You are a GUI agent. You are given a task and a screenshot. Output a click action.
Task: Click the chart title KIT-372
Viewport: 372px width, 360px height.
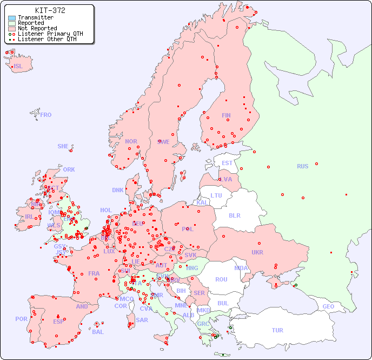coord(50,10)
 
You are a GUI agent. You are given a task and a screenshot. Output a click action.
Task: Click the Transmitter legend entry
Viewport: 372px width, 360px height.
coord(35,17)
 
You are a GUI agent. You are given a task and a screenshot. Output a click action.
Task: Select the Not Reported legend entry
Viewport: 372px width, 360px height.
coord(37,28)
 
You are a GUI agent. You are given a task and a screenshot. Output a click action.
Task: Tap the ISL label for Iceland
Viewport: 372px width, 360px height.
coord(18,67)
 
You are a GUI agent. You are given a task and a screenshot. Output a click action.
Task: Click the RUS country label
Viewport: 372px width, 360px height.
coord(302,166)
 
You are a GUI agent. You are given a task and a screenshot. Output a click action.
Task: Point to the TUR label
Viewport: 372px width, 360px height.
coord(277,330)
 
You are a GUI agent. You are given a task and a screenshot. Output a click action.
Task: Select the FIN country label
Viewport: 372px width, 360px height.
coord(226,115)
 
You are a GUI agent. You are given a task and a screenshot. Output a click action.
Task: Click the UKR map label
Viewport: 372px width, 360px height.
coord(257,252)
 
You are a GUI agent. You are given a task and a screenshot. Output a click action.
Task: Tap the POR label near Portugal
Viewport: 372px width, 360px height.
coord(21,319)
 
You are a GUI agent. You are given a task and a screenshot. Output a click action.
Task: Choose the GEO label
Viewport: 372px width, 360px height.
coord(328,306)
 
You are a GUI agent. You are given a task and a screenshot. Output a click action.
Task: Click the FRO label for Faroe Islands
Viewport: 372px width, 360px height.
coord(46,115)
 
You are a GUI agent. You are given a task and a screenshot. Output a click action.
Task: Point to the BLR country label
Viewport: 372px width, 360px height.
coord(235,215)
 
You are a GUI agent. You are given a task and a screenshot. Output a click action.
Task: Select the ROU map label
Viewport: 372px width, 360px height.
coord(221,279)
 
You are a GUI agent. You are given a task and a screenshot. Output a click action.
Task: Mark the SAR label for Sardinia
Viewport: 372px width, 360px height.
coord(142,320)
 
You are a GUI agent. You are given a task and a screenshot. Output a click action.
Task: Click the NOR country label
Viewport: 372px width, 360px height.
coord(131,141)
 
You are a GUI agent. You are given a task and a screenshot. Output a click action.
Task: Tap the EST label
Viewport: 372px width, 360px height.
coord(227,163)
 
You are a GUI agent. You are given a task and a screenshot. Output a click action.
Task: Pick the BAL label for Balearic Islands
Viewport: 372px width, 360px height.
coord(98,332)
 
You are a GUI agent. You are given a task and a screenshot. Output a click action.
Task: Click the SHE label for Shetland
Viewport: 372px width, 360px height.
coord(63,146)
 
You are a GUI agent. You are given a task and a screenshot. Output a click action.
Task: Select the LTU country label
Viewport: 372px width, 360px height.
coord(216,195)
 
